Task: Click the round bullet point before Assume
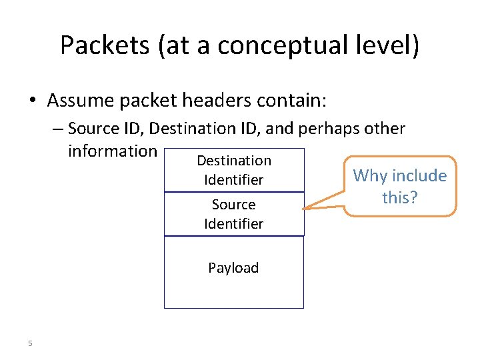click(33, 101)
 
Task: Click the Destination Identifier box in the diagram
click(233, 170)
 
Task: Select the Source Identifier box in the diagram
click(233, 214)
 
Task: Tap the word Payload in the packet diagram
click(233, 268)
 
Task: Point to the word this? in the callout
click(400, 197)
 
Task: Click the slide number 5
click(30, 343)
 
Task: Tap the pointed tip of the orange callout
click(305, 209)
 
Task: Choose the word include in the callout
click(419, 176)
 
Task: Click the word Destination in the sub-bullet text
click(199, 127)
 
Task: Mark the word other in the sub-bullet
click(382, 127)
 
